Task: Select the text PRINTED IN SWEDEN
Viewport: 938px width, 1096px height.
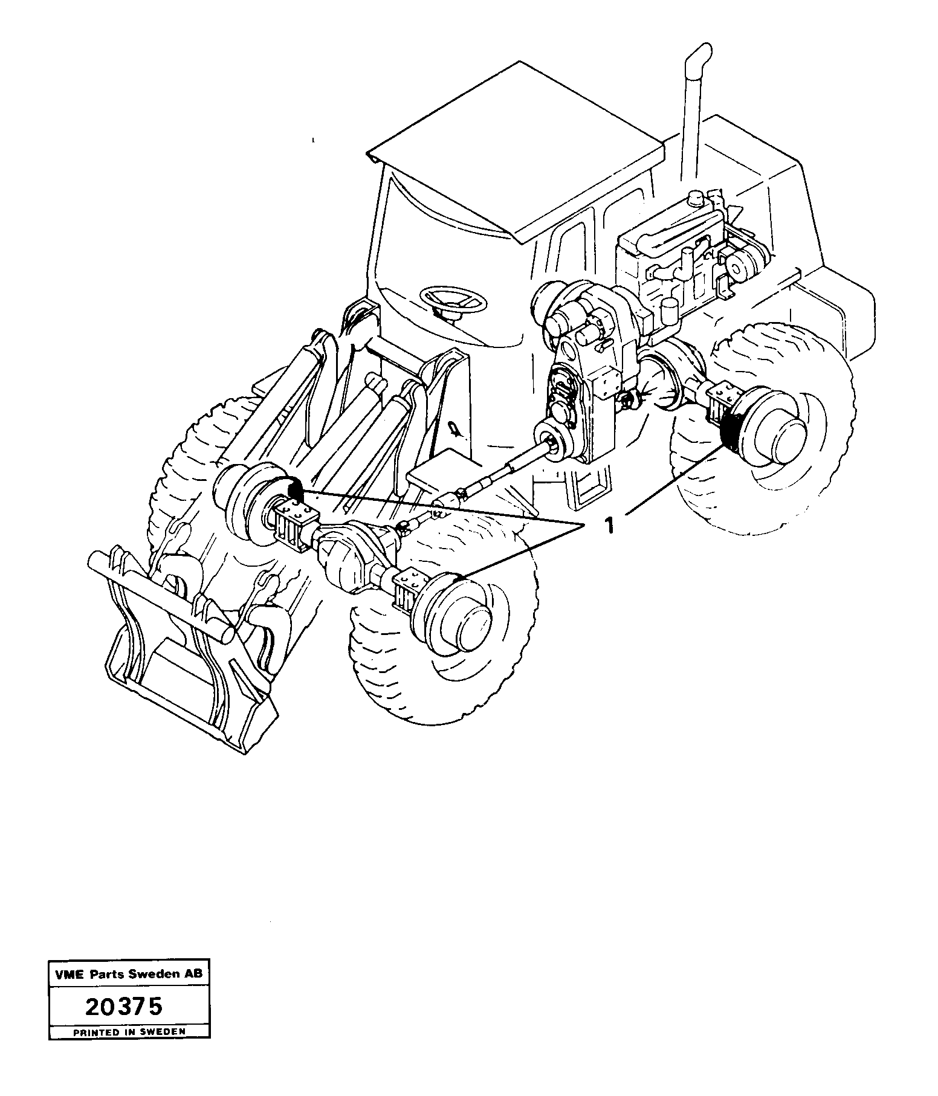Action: [x=129, y=1033]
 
